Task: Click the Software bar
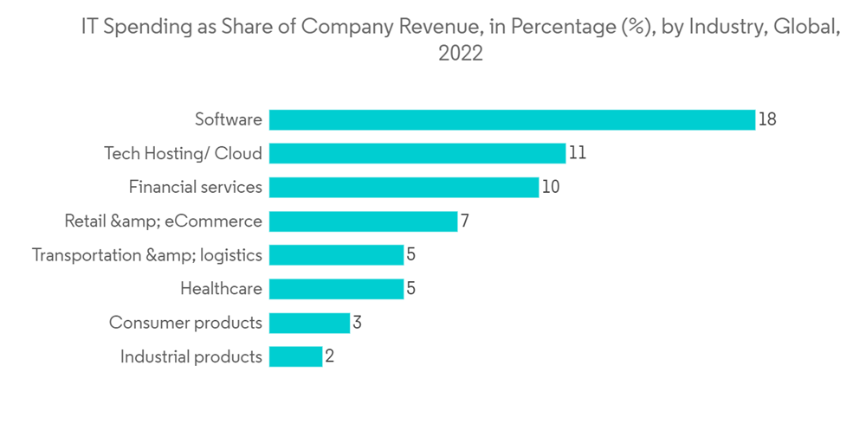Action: [x=512, y=119]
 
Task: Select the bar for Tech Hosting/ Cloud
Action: [x=417, y=153]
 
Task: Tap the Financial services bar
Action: [x=404, y=187]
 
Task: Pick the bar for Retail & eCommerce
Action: [x=363, y=221]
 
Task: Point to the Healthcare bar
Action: [x=336, y=289]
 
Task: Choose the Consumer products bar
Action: [x=309, y=323]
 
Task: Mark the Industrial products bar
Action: [x=295, y=356]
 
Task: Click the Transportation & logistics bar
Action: [x=336, y=255]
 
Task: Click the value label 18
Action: [x=767, y=119]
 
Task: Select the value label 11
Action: [x=578, y=153]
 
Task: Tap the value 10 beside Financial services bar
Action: [x=551, y=187]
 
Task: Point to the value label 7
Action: [x=465, y=221]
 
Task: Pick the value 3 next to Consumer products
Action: [x=357, y=323]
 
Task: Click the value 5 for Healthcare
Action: [x=411, y=289]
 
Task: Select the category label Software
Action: [x=228, y=119]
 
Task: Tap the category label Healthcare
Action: [x=221, y=289]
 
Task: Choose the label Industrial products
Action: [x=191, y=356]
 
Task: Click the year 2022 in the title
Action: [x=460, y=54]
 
